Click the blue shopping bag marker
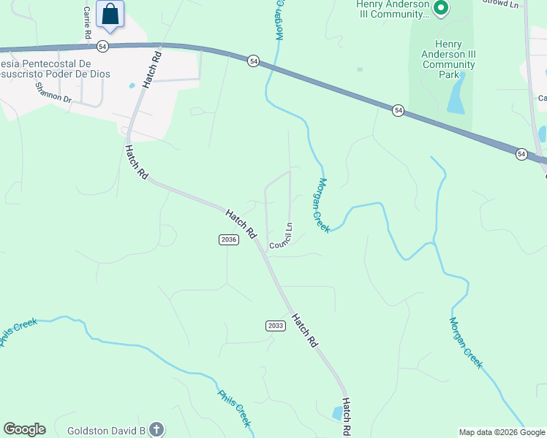110,14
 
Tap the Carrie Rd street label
87,23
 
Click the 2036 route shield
228,240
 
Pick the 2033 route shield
275,326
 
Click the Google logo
24,429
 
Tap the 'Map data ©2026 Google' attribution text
502,432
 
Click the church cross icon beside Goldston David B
156,429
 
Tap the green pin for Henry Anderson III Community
440,9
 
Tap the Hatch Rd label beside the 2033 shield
304,329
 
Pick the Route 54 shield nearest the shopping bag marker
102,46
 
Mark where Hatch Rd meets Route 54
157,46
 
